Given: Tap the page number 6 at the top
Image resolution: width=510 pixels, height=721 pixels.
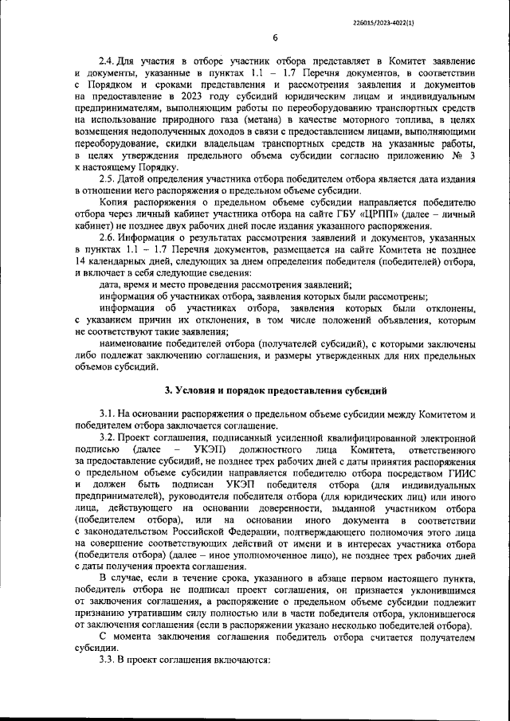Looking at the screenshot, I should pyautogui.click(x=275, y=37).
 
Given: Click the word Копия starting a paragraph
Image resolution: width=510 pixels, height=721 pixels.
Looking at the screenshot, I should pyautogui.click(x=116, y=202).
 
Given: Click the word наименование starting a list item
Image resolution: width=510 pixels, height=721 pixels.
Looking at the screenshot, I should pyautogui.click(x=135, y=343).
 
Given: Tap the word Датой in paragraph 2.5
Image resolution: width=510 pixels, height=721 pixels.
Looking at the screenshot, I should pyautogui.click(x=132, y=179).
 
